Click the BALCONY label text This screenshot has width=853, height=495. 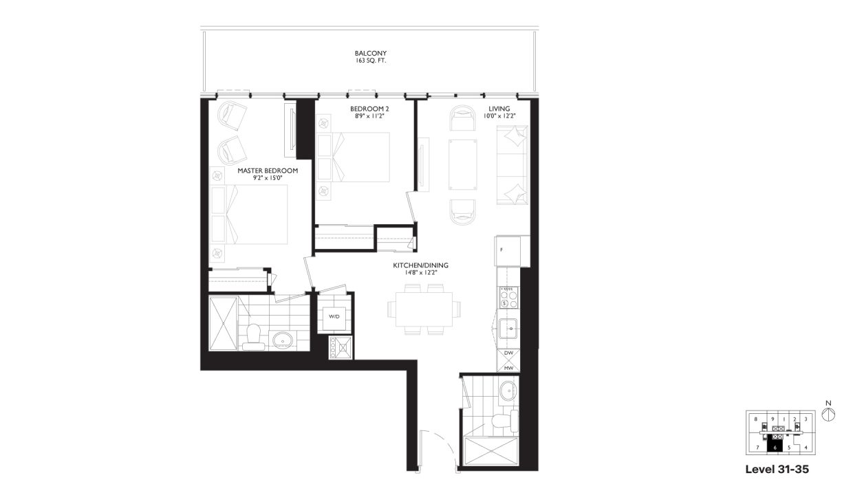pyautogui.click(x=365, y=53)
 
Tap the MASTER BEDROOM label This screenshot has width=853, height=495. pyautogui.click(x=268, y=170)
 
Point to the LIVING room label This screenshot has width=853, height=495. pyautogui.click(x=499, y=109)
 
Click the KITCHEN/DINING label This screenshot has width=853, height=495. pyautogui.click(x=415, y=265)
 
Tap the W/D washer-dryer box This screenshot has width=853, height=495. pyautogui.click(x=334, y=317)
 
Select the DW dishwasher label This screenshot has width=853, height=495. pyautogui.click(x=508, y=353)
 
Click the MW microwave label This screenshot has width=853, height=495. pyautogui.click(x=508, y=368)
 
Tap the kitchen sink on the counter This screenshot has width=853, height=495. pyautogui.click(x=508, y=329)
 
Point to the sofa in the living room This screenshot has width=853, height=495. pyautogui.click(x=512, y=164)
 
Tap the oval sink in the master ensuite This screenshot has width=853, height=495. pyautogui.click(x=282, y=339)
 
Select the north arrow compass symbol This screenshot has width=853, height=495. pyautogui.click(x=828, y=414)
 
